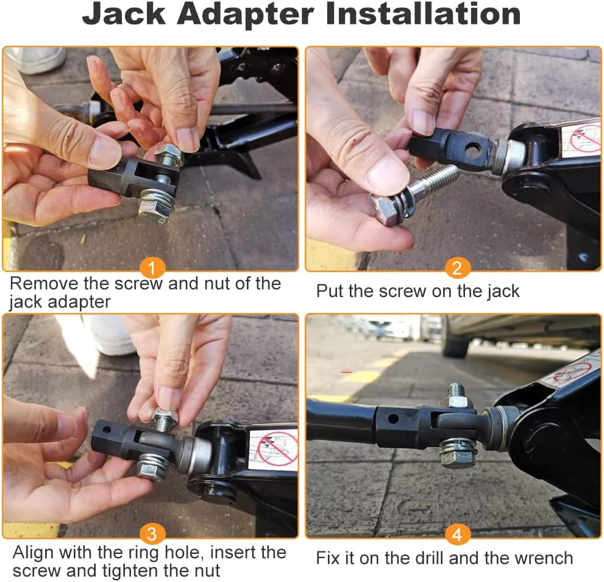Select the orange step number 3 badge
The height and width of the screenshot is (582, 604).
click(x=152, y=534)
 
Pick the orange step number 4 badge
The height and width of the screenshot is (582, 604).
click(x=457, y=535)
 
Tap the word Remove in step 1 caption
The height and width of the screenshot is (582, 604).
click(x=44, y=284)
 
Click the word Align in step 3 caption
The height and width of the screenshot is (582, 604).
click(x=33, y=553)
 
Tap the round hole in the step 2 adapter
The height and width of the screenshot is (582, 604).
click(x=474, y=149)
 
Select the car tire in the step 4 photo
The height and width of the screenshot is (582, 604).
click(x=457, y=336)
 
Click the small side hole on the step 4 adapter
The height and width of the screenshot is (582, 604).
click(x=393, y=419)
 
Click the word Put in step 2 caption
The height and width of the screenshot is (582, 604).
click(x=330, y=291)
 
